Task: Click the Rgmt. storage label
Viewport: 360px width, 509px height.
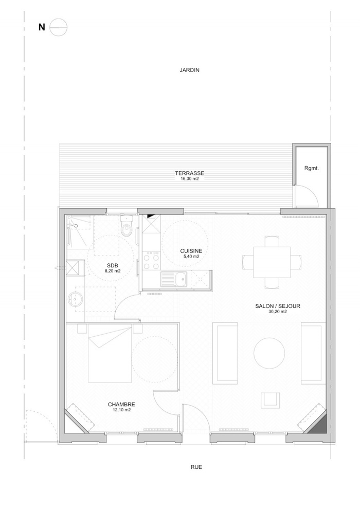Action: [x=312, y=168]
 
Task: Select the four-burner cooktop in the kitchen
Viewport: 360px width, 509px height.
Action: [x=152, y=260]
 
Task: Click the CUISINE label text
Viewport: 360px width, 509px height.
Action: [x=191, y=251]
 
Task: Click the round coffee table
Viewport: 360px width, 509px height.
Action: [x=269, y=353]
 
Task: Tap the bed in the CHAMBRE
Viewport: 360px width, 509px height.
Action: [x=110, y=355]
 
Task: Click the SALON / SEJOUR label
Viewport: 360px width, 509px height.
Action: [x=277, y=306]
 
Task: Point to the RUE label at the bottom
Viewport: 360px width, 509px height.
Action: [x=196, y=467]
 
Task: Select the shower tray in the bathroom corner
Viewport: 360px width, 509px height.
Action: [x=79, y=227]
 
